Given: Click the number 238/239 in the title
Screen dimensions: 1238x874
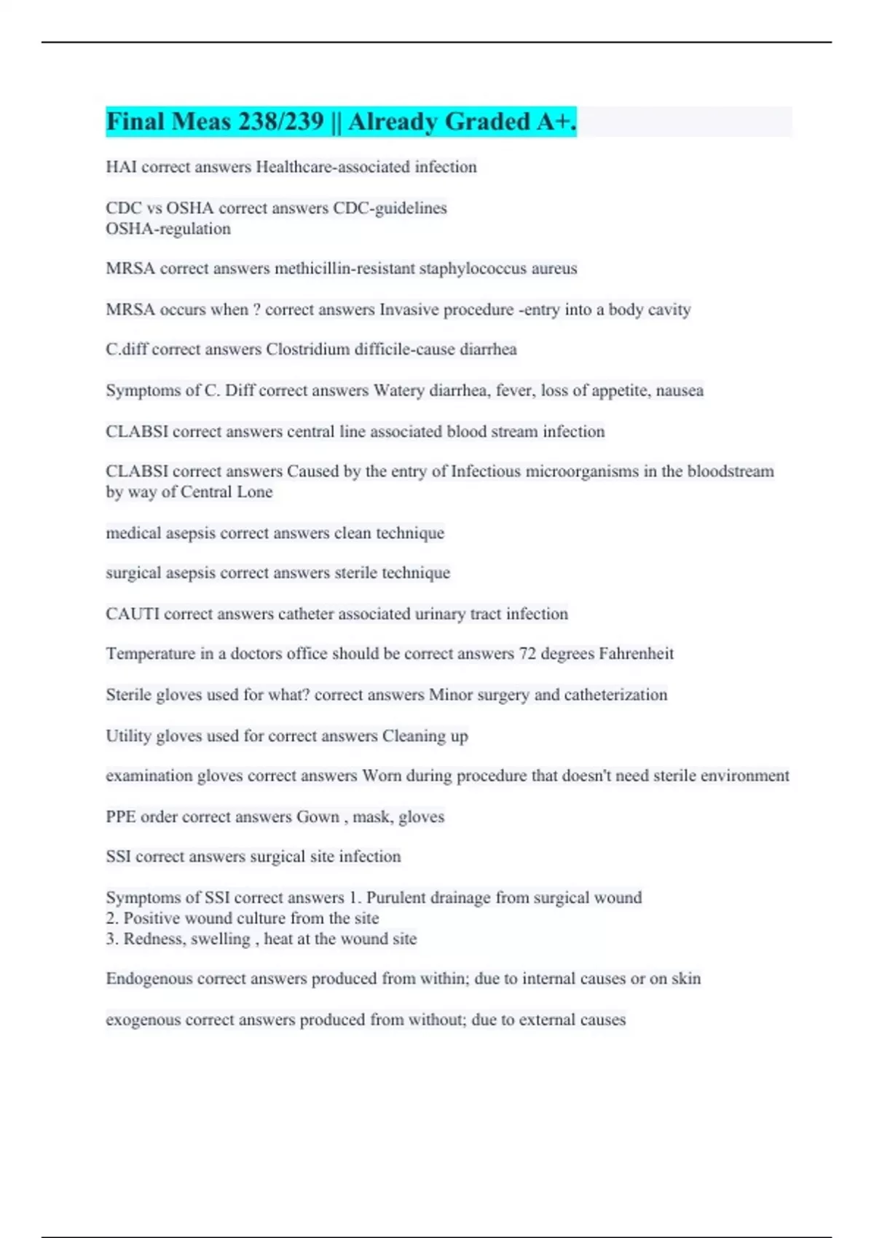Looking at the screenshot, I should click(x=279, y=122).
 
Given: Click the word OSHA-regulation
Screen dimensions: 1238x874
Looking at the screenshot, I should click(x=168, y=229).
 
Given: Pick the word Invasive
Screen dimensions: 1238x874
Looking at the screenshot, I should click(x=409, y=309).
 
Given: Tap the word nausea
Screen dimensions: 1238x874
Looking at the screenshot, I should click(x=680, y=390).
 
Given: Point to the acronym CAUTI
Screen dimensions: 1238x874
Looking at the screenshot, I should click(x=133, y=614).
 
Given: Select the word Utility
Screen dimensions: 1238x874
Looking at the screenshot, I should click(x=127, y=736).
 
